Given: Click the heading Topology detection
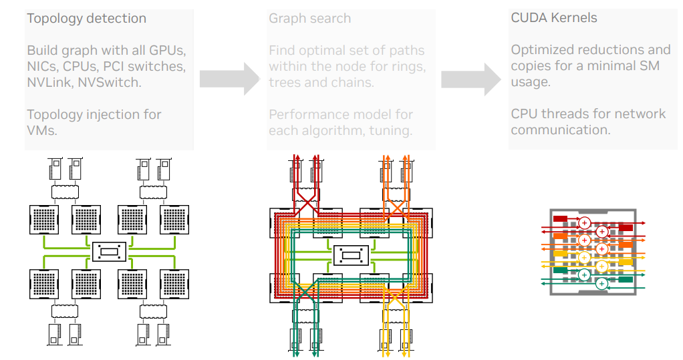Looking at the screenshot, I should click(86, 18).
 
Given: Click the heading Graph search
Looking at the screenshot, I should click(309, 18).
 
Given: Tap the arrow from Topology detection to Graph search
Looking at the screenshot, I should click(229, 79).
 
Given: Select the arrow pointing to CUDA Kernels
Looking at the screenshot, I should click(470, 79).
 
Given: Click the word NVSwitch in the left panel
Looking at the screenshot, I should click(116, 82).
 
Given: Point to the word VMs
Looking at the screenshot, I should click(41, 130).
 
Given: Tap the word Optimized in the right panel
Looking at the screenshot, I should click(542, 50).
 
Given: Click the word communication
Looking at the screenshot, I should click(560, 130).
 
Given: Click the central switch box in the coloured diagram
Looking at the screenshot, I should click(350, 254).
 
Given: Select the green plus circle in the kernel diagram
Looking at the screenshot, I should click(601, 283).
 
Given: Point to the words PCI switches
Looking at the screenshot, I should click(143, 66).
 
